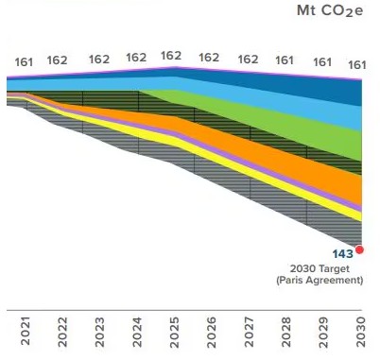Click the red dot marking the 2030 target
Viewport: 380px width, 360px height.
pos(359,249)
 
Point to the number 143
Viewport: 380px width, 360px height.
pos(341,254)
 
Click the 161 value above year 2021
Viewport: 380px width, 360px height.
pos(24,62)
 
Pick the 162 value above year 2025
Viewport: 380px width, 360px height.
pos(170,56)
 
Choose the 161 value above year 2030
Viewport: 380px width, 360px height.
pos(357,64)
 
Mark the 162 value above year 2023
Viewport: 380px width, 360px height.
pos(99,59)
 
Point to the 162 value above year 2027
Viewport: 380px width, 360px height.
pos(248,59)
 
